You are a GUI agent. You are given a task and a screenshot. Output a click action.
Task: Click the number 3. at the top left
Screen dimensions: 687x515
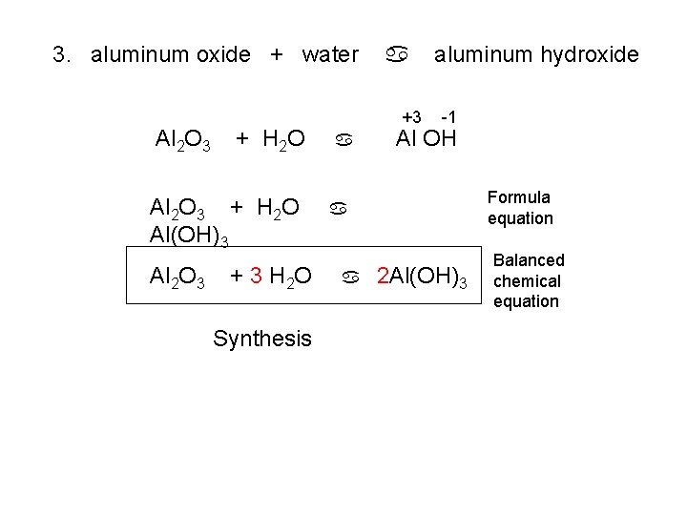63,54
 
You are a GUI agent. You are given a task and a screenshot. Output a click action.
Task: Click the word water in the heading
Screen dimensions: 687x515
330,54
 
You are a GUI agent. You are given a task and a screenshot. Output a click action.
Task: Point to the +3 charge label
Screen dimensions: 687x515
412,115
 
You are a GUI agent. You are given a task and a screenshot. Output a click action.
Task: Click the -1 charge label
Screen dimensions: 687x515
448,115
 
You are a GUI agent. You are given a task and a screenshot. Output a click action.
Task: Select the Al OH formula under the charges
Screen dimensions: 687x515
427,139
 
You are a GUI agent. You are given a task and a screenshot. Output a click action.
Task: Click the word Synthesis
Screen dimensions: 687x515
262,338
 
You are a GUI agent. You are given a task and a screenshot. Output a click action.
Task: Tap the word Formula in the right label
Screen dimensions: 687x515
519,197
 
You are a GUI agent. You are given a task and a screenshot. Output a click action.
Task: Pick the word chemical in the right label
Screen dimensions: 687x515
527,280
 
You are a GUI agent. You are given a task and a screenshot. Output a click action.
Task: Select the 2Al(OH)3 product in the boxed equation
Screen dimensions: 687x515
422,278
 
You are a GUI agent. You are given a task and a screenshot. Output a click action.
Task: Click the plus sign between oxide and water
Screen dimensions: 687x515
277,54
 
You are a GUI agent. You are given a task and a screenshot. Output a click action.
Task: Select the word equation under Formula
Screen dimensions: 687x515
519,218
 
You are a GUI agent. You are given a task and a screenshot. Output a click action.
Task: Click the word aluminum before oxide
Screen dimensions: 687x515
139,54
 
